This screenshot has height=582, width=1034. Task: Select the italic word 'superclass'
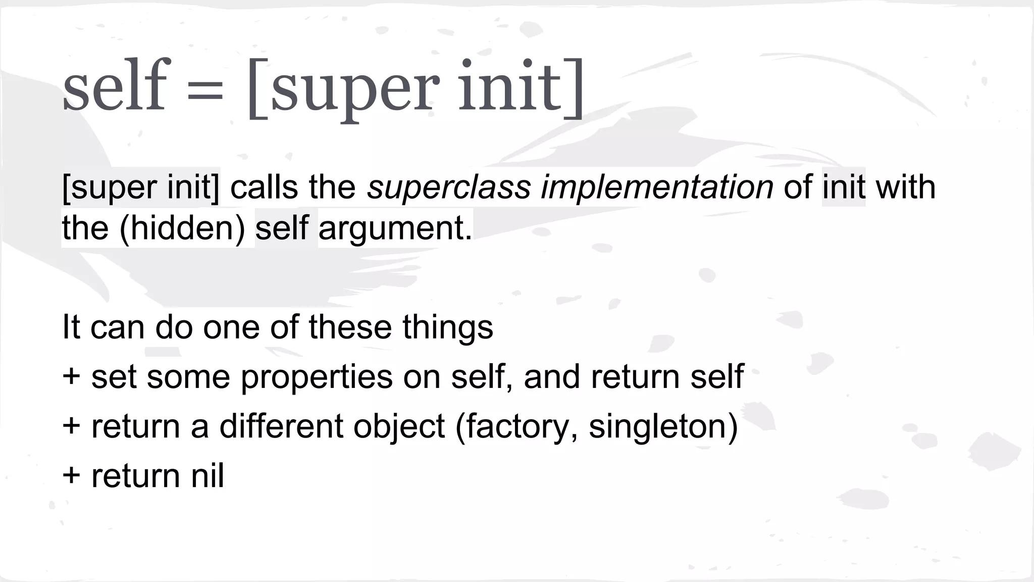[x=449, y=187]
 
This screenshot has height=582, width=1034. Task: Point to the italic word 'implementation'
[x=657, y=187]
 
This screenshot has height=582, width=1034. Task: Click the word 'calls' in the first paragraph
[x=264, y=187]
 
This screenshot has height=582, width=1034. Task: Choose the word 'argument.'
[x=395, y=229]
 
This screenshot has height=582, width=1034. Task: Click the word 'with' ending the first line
[x=906, y=187]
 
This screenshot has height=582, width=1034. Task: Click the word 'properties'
[x=317, y=377]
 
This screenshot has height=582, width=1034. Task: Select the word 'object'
[x=399, y=427]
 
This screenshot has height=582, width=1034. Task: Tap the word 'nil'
[x=207, y=476]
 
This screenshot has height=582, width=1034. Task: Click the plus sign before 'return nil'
[x=71, y=476]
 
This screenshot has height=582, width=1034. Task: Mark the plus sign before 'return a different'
[x=71, y=426]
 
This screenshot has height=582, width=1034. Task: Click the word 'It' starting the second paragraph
[x=71, y=327]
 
